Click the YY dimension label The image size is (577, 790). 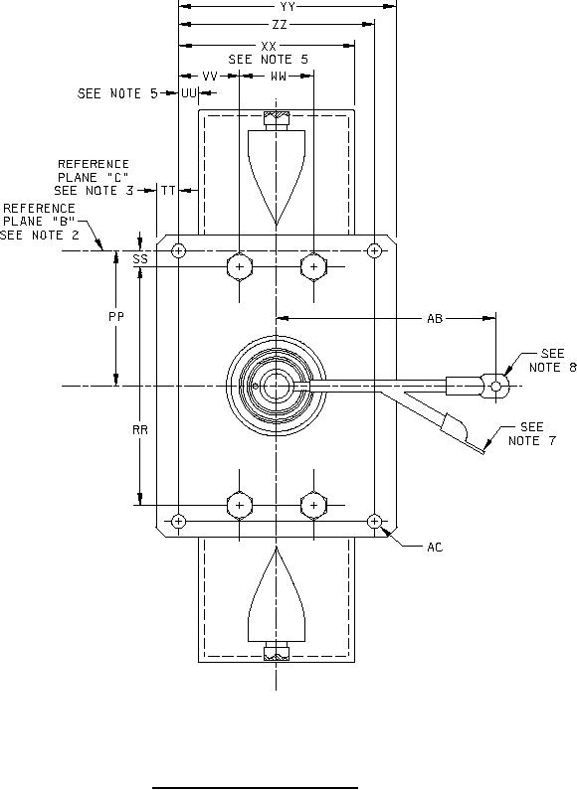(288, 7)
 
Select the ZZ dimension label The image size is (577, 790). (280, 24)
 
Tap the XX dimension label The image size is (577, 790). (269, 46)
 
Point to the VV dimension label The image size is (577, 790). (210, 77)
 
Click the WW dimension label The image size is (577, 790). (279, 77)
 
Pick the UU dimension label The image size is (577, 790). (189, 93)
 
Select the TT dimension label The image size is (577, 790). (168, 191)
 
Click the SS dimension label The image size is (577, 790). (140, 259)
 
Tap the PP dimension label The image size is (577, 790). (116, 317)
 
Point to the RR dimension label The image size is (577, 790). (140, 429)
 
